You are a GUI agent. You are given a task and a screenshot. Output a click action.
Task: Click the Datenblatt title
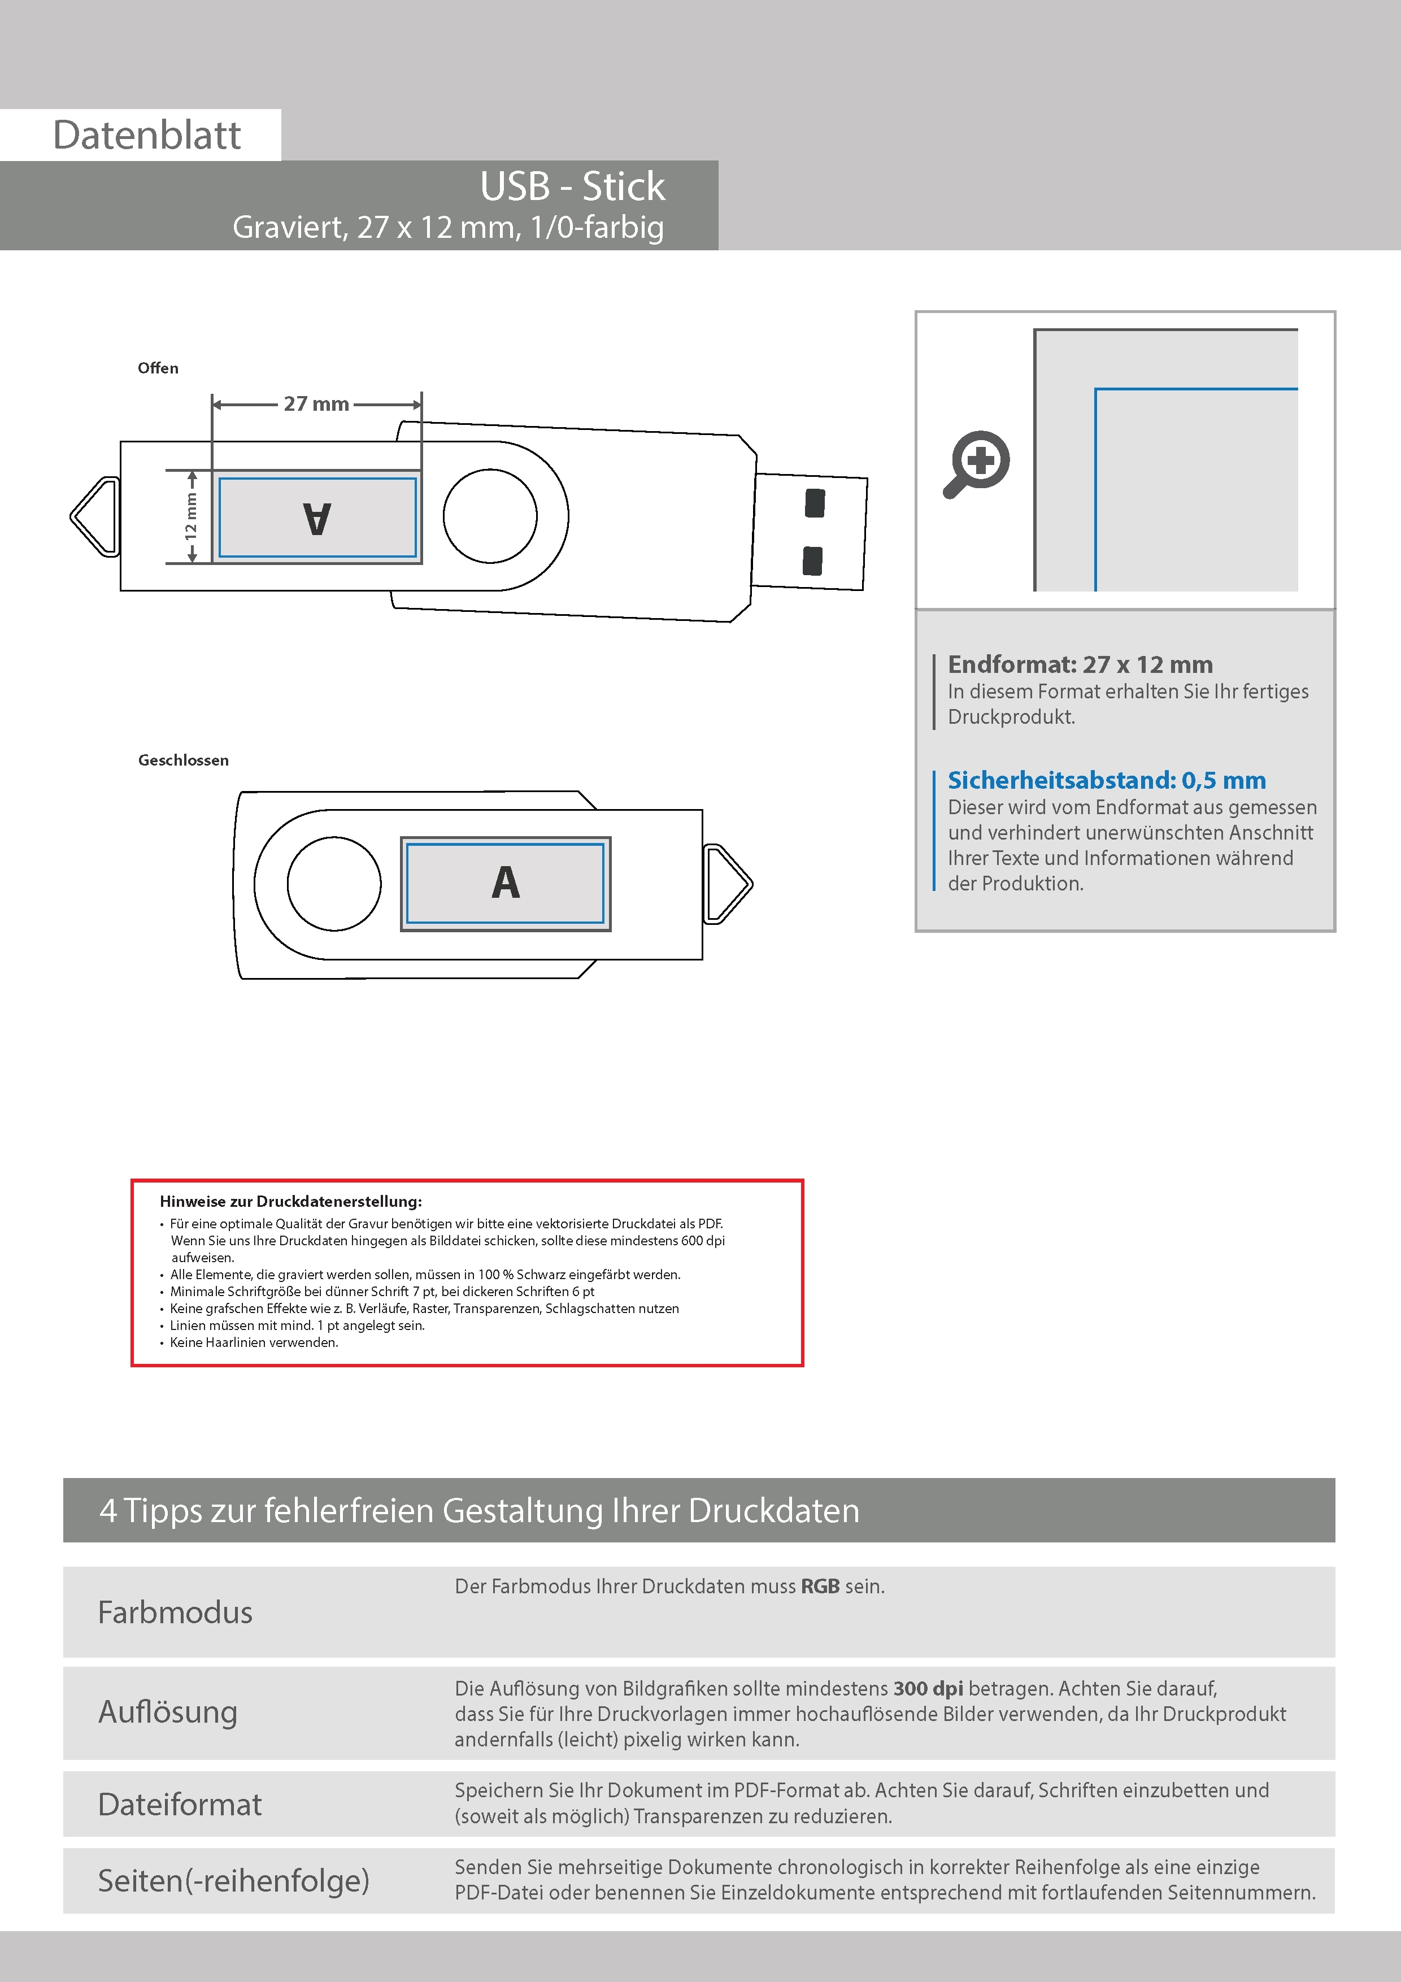coord(147,134)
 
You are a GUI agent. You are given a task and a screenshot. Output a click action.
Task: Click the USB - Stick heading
coord(572,186)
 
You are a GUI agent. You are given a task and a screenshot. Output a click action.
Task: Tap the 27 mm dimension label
coord(316,404)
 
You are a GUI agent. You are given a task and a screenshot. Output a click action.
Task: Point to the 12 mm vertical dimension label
coord(191,516)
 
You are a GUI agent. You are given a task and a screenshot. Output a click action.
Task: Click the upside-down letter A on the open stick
coord(317,518)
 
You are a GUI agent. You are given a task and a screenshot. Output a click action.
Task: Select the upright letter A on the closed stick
coord(506,882)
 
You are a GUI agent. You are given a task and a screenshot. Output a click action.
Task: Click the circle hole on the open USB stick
coord(490,516)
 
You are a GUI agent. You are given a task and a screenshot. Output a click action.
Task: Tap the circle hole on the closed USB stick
coord(334,884)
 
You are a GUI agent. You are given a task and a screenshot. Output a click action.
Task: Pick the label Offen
coord(158,368)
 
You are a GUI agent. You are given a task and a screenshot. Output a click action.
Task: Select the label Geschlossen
coord(183,760)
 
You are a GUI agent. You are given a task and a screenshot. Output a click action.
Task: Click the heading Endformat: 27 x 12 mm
coord(1080,664)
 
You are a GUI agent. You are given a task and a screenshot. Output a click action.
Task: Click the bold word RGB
coord(820,1586)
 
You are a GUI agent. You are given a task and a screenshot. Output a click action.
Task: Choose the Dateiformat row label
coord(180,1803)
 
